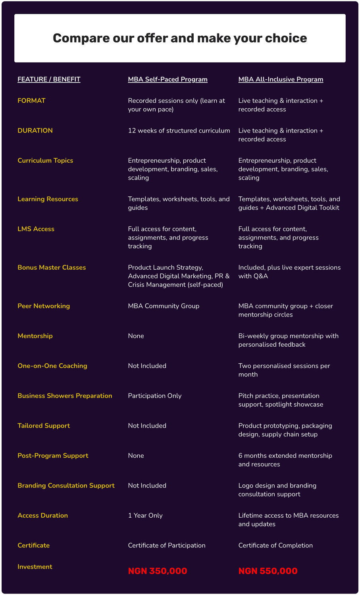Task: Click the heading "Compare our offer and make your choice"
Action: tap(180, 38)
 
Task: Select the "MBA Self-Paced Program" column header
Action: tap(167, 79)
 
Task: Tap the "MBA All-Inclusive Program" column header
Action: tap(281, 79)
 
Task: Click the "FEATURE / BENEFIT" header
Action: tap(49, 79)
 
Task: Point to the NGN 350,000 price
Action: tap(157, 571)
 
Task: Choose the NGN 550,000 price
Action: tap(268, 571)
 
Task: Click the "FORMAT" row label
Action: tap(31, 101)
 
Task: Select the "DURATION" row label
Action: tap(35, 131)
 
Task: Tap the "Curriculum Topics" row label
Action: tap(45, 161)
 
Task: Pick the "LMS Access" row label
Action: tap(36, 229)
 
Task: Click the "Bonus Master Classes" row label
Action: tap(52, 267)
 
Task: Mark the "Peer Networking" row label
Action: tap(44, 306)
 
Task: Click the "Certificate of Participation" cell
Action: tap(167, 545)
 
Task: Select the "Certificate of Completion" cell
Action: tap(275, 545)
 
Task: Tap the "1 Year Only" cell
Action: tap(145, 516)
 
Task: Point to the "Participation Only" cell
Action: tap(154, 396)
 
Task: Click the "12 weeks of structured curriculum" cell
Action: tap(179, 131)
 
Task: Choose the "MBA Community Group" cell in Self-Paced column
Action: tap(164, 306)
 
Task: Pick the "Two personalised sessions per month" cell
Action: tap(284, 370)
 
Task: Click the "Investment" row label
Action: tap(35, 567)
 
